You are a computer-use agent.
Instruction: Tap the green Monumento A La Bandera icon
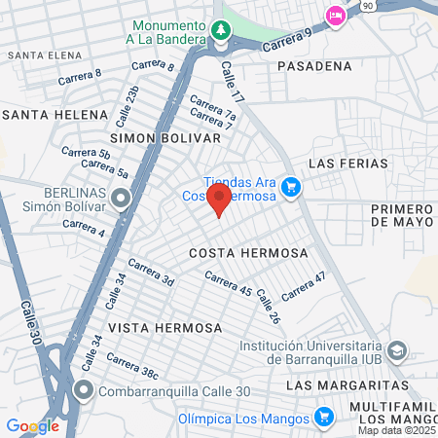[222, 31]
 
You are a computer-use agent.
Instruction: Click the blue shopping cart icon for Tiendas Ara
[290, 187]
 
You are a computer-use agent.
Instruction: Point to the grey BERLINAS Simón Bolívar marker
[121, 201]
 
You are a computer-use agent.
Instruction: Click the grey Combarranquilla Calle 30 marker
[84, 393]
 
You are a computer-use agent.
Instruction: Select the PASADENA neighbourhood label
[313, 66]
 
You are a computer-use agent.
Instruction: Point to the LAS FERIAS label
[348, 163]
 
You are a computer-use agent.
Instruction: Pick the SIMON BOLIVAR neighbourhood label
[165, 138]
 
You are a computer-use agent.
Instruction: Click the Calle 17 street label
[231, 83]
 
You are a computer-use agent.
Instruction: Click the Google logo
[33, 425]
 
